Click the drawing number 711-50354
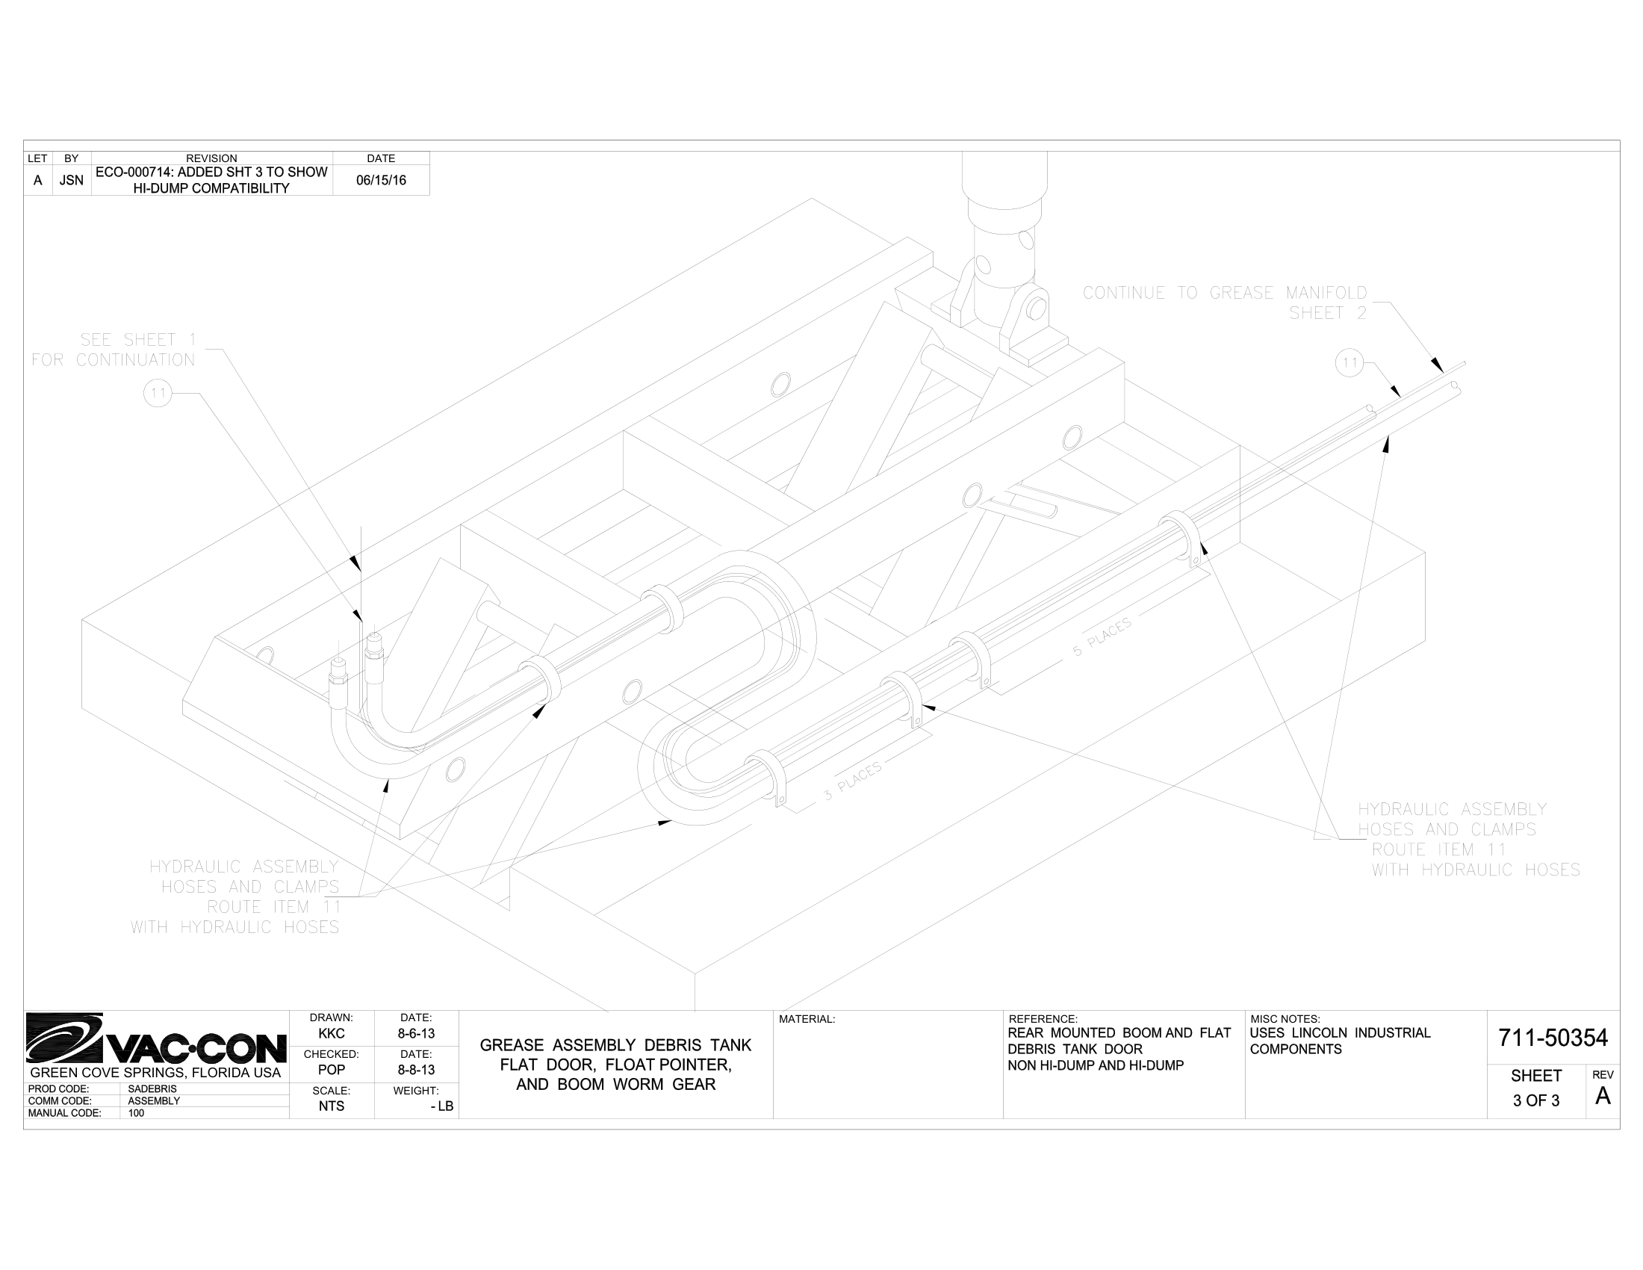[x=1553, y=1038]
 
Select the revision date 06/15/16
[x=381, y=181]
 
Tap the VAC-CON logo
[x=157, y=1040]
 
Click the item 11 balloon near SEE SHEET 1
[x=158, y=393]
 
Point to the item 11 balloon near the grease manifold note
[x=1350, y=363]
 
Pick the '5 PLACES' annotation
[x=1102, y=637]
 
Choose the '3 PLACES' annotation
[x=852, y=781]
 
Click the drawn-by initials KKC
[x=331, y=1034]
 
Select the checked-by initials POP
[x=331, y=1070]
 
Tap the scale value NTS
[x=331, y=1106]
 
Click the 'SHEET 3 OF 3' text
[x=1536, y=1088]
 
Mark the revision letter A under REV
[x=1603, y=1097]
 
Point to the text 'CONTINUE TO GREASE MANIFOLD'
[x=1225, y=293]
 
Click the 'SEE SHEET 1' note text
[x=137, y=340]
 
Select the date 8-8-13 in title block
[x=416, y=1070]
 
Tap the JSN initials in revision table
[x=72, y=181]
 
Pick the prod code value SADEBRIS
[x=152, y=1088]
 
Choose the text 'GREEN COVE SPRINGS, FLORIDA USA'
[x=155, y=1073]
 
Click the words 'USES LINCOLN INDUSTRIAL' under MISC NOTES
[x=1340, y=1033]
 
